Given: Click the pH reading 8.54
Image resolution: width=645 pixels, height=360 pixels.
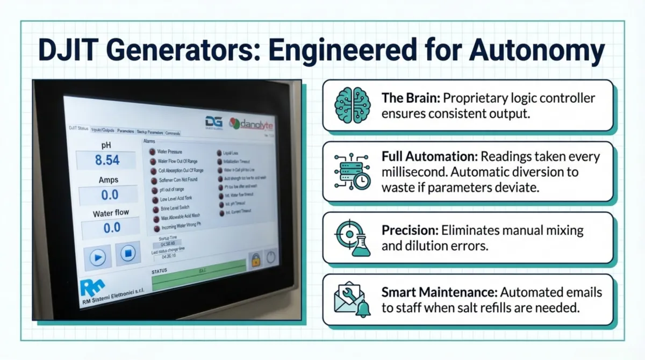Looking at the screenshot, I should pyautogui.click(x=107, y=161).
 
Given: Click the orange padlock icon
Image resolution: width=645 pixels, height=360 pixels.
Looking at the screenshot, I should pyautogui.click(x=255, y=261).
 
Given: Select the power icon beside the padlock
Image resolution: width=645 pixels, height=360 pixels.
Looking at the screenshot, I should pyautogui.click(x=270, y=258).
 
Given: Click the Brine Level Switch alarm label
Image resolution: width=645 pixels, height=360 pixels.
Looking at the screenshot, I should pyautogui.click(x=175, y=208).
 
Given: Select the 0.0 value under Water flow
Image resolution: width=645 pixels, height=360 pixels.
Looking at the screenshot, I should pyautogui.click(x=112, y=227).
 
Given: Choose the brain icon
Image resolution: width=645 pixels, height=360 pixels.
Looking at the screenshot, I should pyautogui.click(x=352, y=105).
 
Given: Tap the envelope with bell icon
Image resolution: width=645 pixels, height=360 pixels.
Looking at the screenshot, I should pyautogui.click(x=352, y=299).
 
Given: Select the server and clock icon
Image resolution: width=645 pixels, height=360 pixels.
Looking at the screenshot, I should pyautogui.click(x=352, y=171).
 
